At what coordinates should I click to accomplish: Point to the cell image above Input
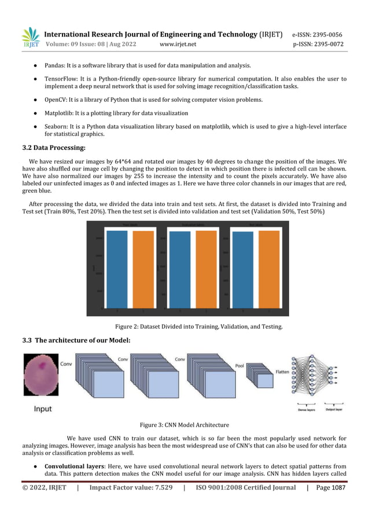(x=40, y=375)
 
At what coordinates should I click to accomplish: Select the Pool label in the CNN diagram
(x=239, y=366)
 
